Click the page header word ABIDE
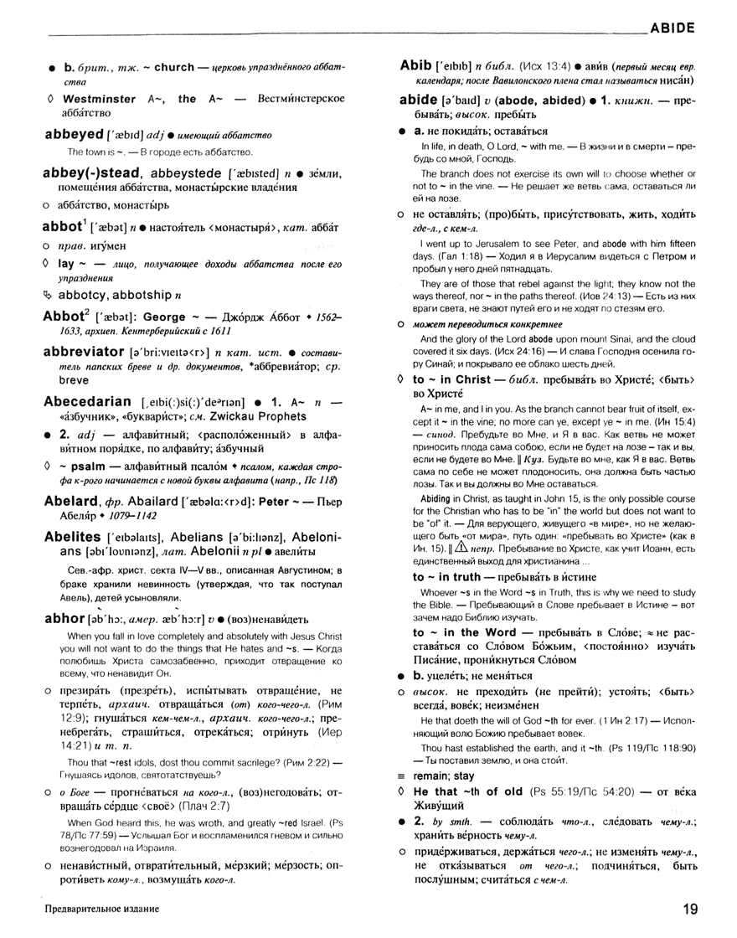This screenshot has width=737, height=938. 673,27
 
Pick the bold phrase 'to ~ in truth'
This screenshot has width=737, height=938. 460,577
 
